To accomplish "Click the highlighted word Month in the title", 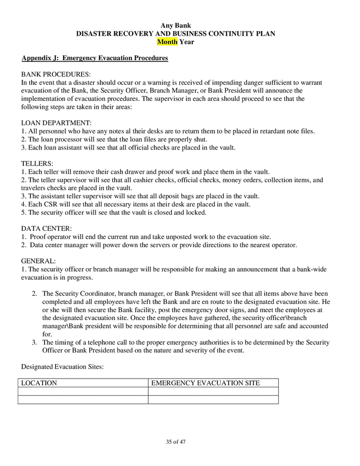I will coord(167,42).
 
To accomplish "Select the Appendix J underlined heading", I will coord(95,59).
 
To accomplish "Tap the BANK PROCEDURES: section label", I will coord(56,75).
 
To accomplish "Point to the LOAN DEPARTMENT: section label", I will coord(56,123).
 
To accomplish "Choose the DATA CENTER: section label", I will coord(47,228).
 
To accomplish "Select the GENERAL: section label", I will coord(38,261).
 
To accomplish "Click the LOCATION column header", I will coord(39,383).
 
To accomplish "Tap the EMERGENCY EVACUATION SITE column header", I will coord(205,383).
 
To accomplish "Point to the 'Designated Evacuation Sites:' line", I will coord(63,367).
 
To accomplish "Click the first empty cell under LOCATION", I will coord(83,391).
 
